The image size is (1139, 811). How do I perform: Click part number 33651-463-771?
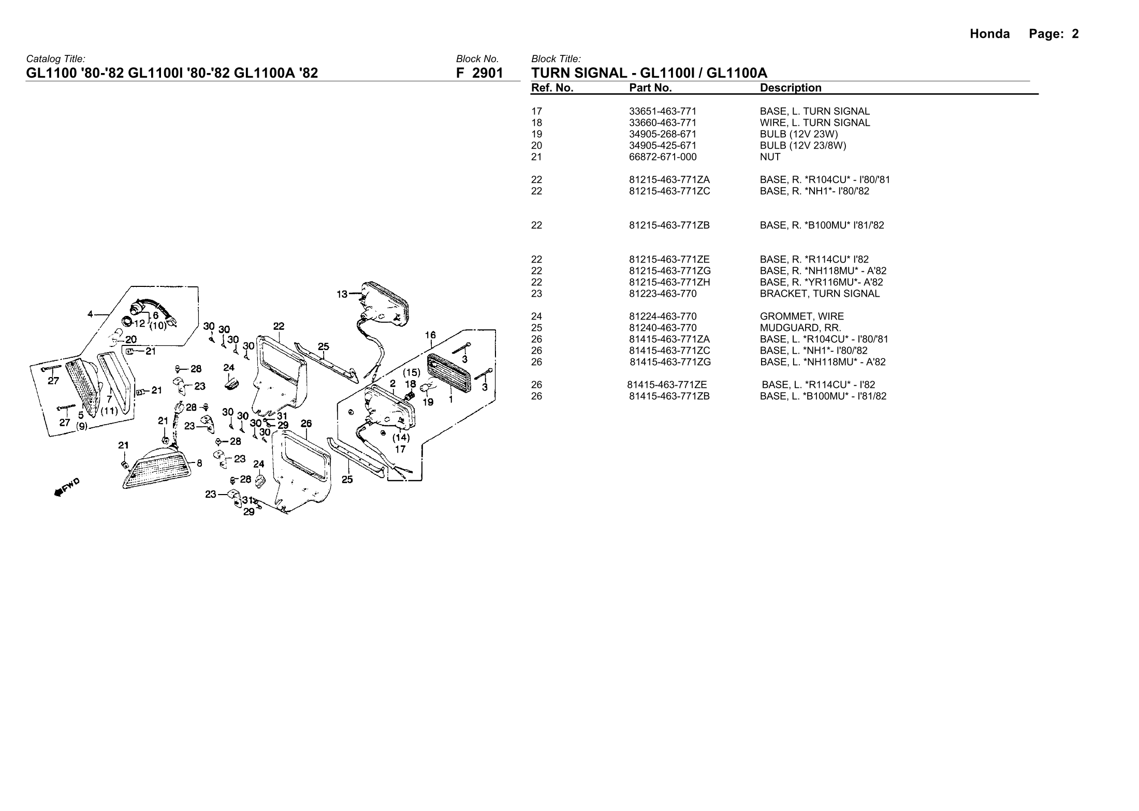pos(662,111)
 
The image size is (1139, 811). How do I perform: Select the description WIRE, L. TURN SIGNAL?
pos(814,123)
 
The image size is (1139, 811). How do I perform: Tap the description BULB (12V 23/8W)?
pos(802,146)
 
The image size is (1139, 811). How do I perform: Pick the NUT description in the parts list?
pos(770,157)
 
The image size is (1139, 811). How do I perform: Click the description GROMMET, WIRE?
pos(801,316)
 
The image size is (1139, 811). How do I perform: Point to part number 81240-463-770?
pos(662,328)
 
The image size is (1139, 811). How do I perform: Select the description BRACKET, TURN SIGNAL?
pos(819,294)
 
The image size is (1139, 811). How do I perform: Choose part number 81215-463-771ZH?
pos(669,282)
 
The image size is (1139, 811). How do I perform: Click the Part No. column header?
pos(650,88)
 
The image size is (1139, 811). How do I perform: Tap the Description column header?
pos(790,88)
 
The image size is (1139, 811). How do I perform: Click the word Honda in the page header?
pos(989,34)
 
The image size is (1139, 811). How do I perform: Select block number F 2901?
pos(479,73)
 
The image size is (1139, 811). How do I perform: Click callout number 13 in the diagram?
pos(342,295)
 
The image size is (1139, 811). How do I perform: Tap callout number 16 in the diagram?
pos(430,335)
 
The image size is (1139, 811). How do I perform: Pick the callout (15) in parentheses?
pos(412,372)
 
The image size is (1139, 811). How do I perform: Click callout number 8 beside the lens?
pos(199,464)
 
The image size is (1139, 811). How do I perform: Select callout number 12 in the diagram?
pos(139,324)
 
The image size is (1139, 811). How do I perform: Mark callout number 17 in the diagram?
pos(400,449)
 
